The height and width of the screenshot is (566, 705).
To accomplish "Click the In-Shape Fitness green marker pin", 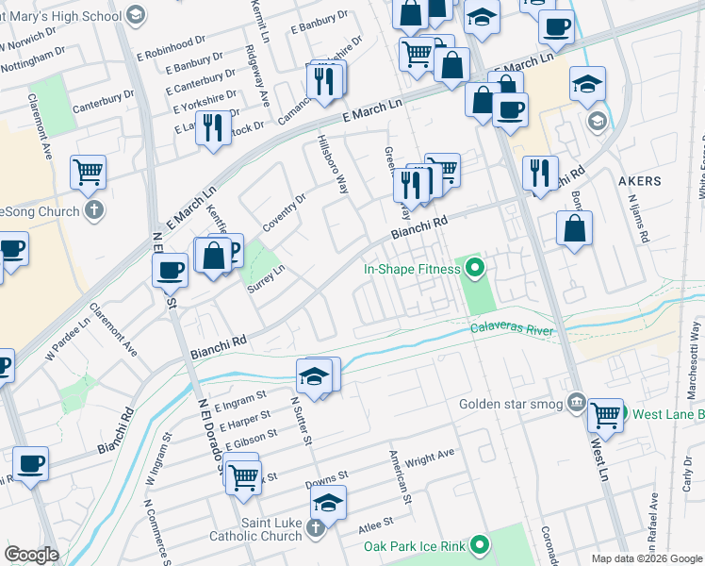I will point(475,269).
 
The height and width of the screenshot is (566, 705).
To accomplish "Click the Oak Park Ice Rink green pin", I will point(480,545).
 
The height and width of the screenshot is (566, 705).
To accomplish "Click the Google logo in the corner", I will point(31,555).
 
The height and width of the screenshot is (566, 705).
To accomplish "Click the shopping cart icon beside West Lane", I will point(604,413).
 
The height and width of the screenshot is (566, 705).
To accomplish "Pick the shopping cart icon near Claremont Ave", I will point(88,172).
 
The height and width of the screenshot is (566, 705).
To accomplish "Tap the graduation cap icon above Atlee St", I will point(328,501).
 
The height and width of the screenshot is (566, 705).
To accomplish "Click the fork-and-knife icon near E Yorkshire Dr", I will point(213,126).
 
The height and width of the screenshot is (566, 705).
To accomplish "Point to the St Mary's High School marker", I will point(136,14).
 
